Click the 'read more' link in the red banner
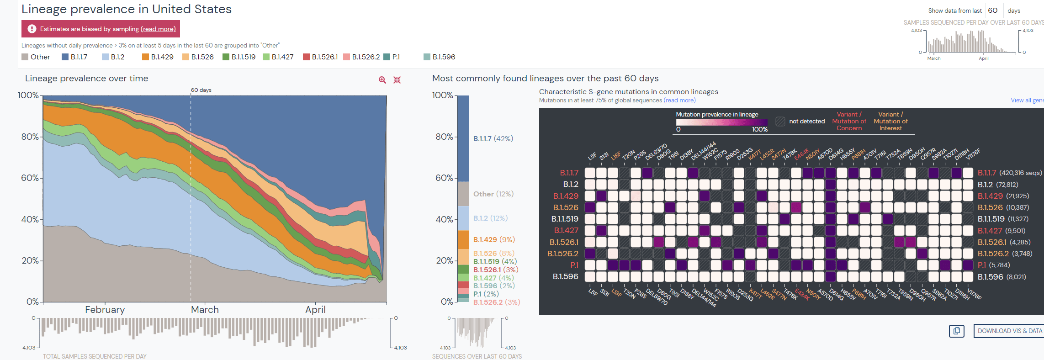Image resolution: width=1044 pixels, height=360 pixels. [x=158, y=29]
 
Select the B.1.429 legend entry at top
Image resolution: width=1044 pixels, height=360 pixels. [x=162, y=57]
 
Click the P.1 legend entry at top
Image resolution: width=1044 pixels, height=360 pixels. [x=396, y=57]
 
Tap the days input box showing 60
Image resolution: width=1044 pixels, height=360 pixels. [x=994, y=11]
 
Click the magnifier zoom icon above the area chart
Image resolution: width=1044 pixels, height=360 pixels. [x=382, y=80]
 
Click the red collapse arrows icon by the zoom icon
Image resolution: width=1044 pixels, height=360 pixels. [x=397, y=80]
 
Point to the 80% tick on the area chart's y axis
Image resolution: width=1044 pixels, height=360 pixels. [x=30, y=137]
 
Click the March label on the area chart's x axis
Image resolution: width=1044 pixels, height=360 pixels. [x=205, y=310]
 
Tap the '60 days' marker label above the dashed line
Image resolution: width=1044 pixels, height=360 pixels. [x=201, y=90]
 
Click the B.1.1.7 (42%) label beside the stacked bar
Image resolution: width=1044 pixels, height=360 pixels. [x=493, y=138]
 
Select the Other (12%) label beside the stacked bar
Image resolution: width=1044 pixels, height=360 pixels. [x=493, y=194]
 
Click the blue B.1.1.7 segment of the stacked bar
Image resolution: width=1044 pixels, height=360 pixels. [x=463, y=137]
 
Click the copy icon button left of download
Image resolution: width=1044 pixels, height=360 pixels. [x=956, y=331]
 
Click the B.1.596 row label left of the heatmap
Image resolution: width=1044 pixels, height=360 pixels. [x=565, y=276]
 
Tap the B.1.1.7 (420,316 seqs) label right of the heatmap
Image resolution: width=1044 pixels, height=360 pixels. [x=1009, y=173]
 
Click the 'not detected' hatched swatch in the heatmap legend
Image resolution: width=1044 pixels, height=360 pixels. [x=780, y=122]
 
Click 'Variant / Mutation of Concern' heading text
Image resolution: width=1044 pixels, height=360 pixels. [x=849, y=121]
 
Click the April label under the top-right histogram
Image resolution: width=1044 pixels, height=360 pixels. [x=983, y=58]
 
